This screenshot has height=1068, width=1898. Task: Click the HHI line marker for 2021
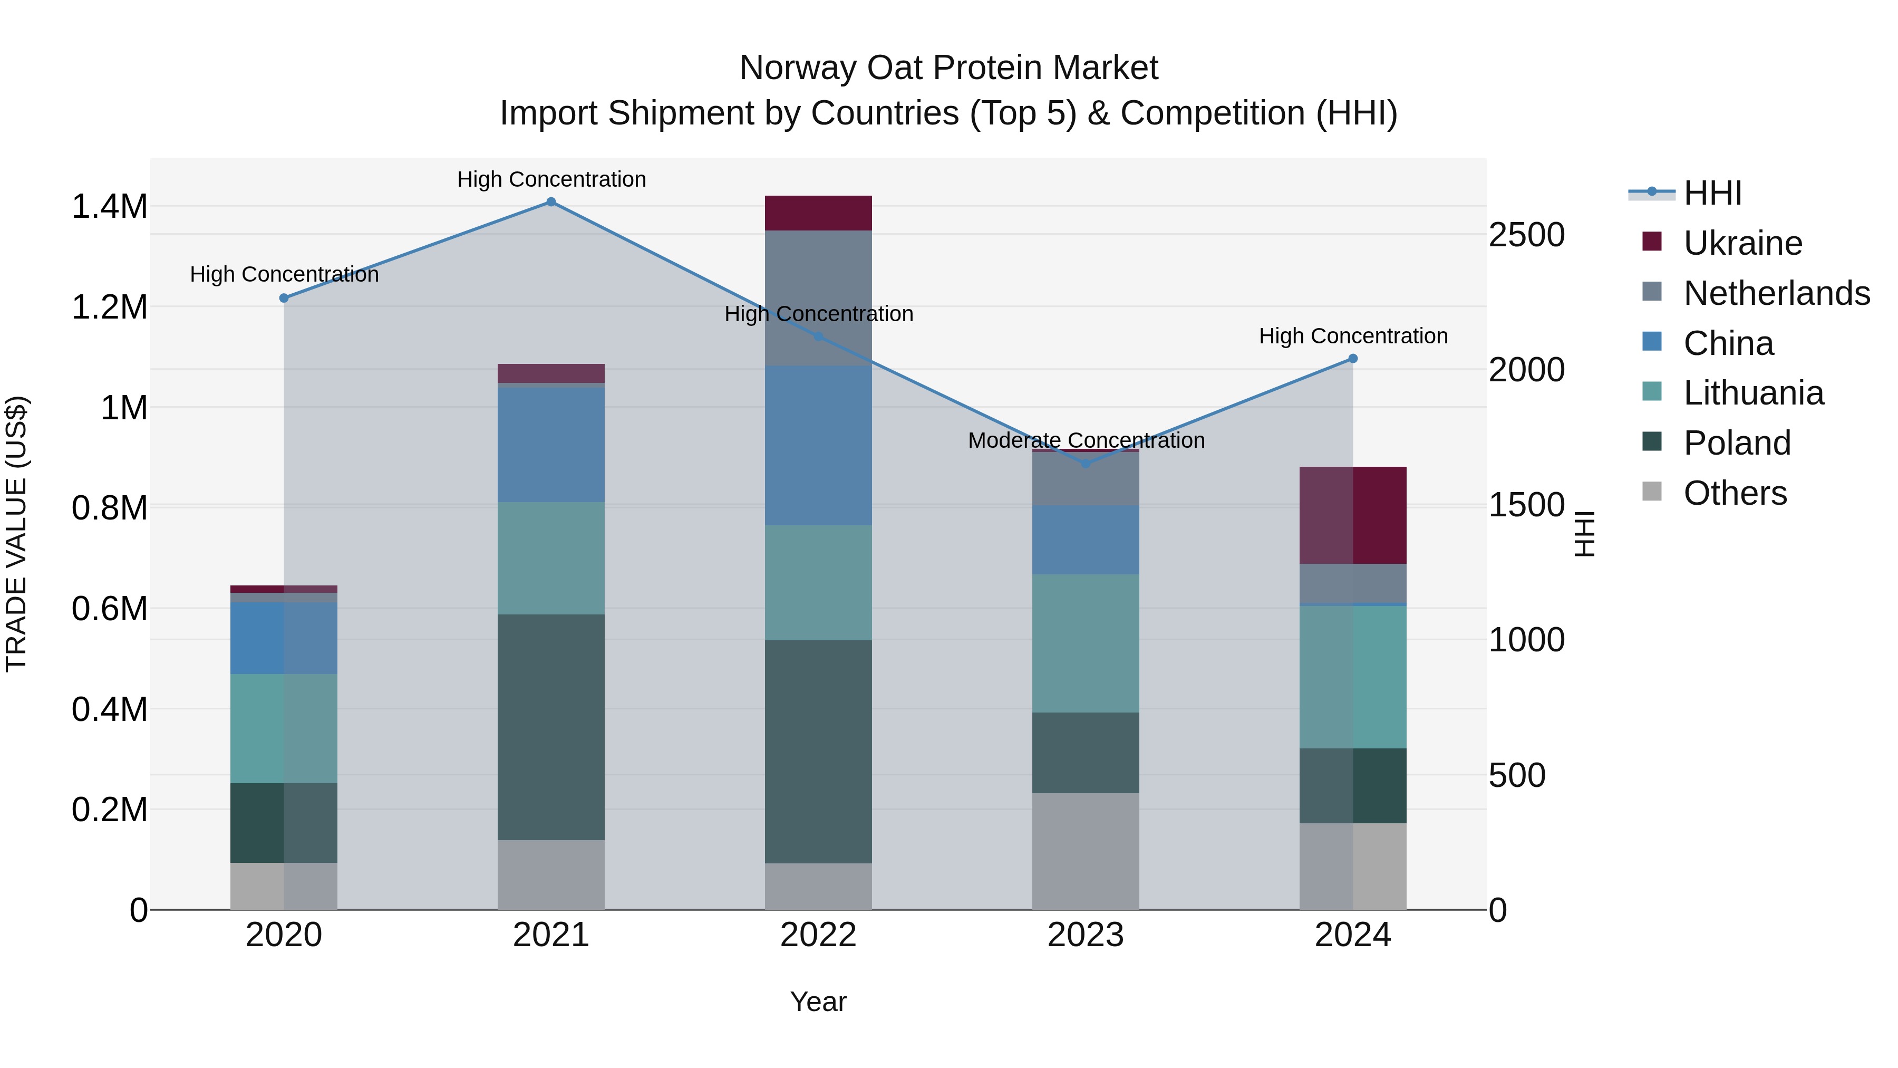point(550,201)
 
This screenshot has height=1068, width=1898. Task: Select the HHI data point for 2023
point(1086,464)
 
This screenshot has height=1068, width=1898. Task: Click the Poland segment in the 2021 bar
point(550,726)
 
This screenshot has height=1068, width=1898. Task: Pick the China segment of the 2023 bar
point(1086,540)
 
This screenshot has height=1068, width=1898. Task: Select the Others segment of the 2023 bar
point(1086,851)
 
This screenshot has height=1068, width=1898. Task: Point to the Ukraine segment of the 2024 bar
point(1353,515)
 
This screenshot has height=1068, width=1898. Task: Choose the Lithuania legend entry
point(1753,393)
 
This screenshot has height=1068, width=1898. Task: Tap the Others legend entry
point(1735,493)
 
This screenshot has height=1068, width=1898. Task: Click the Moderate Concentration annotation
point(1086,441)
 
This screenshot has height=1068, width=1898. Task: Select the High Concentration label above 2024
point(1353,336)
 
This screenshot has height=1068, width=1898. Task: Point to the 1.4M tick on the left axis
point(109,207)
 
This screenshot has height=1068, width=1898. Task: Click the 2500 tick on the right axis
point(1526,235)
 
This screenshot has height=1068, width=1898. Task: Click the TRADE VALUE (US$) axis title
point(16,534)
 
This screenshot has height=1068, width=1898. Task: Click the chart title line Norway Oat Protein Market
point(948,68)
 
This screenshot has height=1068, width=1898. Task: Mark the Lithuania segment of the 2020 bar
point(284,728)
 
